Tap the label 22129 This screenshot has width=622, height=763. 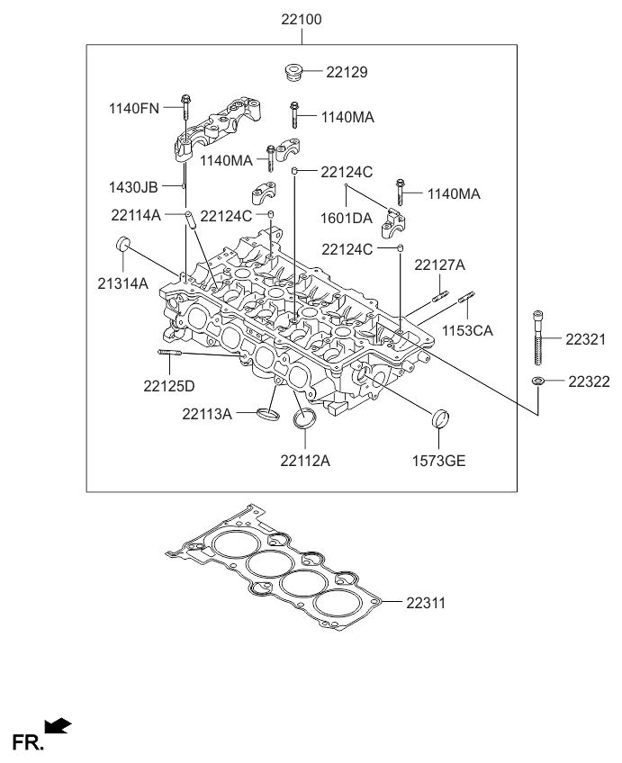347,72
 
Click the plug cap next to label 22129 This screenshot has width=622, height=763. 292,70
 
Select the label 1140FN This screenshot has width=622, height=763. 133,109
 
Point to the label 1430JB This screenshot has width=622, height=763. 133,187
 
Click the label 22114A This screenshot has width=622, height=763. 136,215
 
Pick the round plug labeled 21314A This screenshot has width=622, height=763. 123,245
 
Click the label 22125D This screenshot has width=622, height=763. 168,387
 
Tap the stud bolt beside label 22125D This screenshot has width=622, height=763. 170,352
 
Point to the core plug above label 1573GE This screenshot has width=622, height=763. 440,418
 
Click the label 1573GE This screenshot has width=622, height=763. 440,462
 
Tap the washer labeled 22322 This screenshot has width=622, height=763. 537,381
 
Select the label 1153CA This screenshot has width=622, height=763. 467,330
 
